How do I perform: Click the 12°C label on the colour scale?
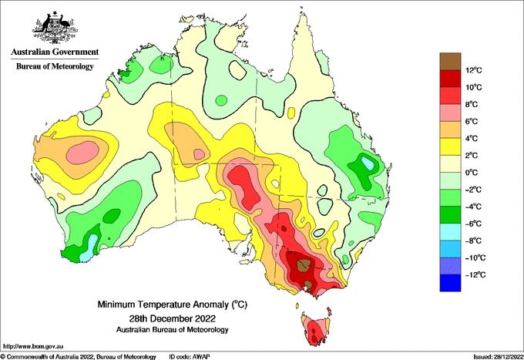click(x=474, y=70)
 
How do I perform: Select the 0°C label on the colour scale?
click(x=472, y=173)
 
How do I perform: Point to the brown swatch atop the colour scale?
click(x=450, y=62)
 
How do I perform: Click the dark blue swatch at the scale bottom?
click(x=450, y=283)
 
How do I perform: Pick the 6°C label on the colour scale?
click(x=472, y=121)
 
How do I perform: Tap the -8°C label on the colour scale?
click(x=473, y=241)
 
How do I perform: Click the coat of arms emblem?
click(x=55, y=28)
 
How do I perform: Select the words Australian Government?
click(x=55, y=52)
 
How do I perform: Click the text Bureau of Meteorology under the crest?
click(x=55, y=66)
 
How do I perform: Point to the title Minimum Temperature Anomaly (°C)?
click(x=172, y=304)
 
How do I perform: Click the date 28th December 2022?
click(x=172, y=318)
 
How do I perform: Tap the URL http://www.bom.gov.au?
click(x=33, y=346)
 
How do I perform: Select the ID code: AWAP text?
click(x=190, y=357)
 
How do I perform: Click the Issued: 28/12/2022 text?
click(x=498, y=357)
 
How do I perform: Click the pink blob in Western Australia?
click(x=82, y=153)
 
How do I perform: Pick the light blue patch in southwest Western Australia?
click(x=89, y=247)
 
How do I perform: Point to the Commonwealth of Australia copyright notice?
click(x=79, y=357)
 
